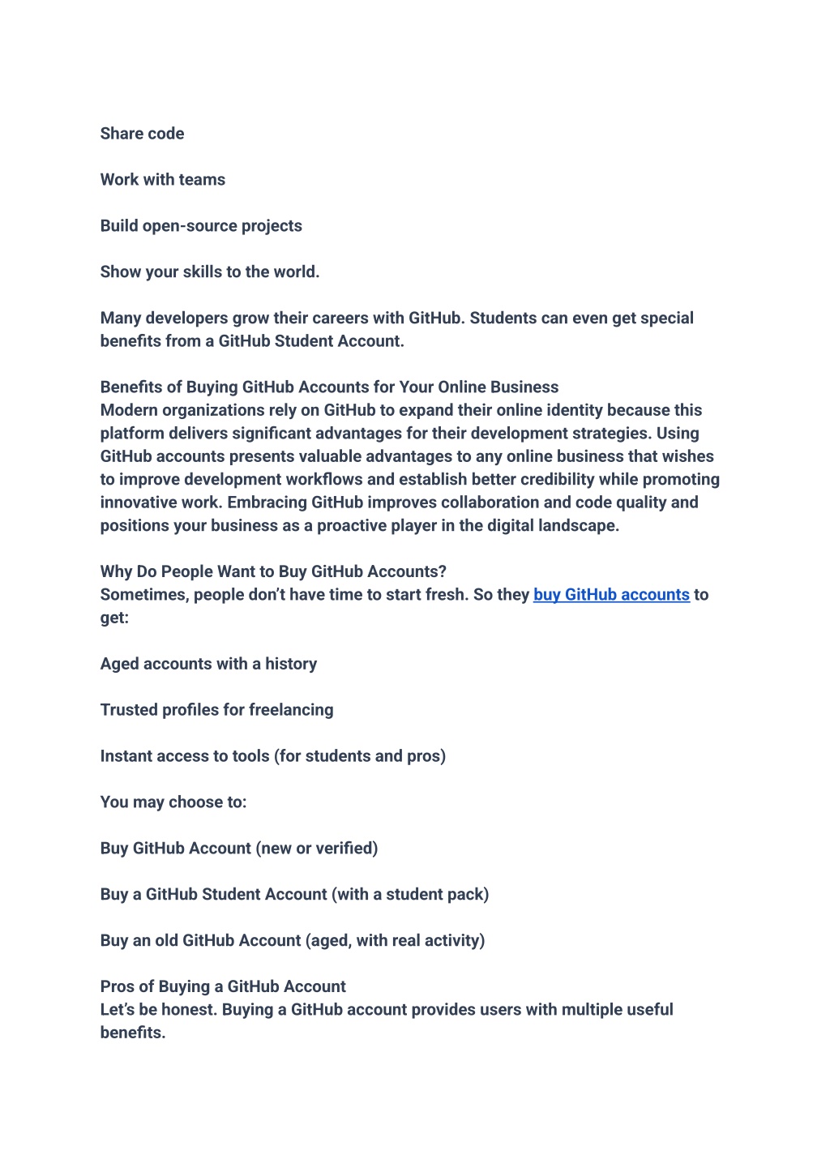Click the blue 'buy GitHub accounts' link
(611, 595)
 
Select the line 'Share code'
(142, 134)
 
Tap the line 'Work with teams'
(163, 180)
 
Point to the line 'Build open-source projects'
(201, 226)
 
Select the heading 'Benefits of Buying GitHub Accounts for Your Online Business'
(329, 387)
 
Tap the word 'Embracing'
(267, 503)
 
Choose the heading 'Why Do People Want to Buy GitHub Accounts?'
(273, 572)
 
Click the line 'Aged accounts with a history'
(208, 664)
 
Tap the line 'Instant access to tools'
(272, 756)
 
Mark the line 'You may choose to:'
(173, 802)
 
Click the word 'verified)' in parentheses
(347, 849)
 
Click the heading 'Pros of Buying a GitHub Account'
(223, 987)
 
